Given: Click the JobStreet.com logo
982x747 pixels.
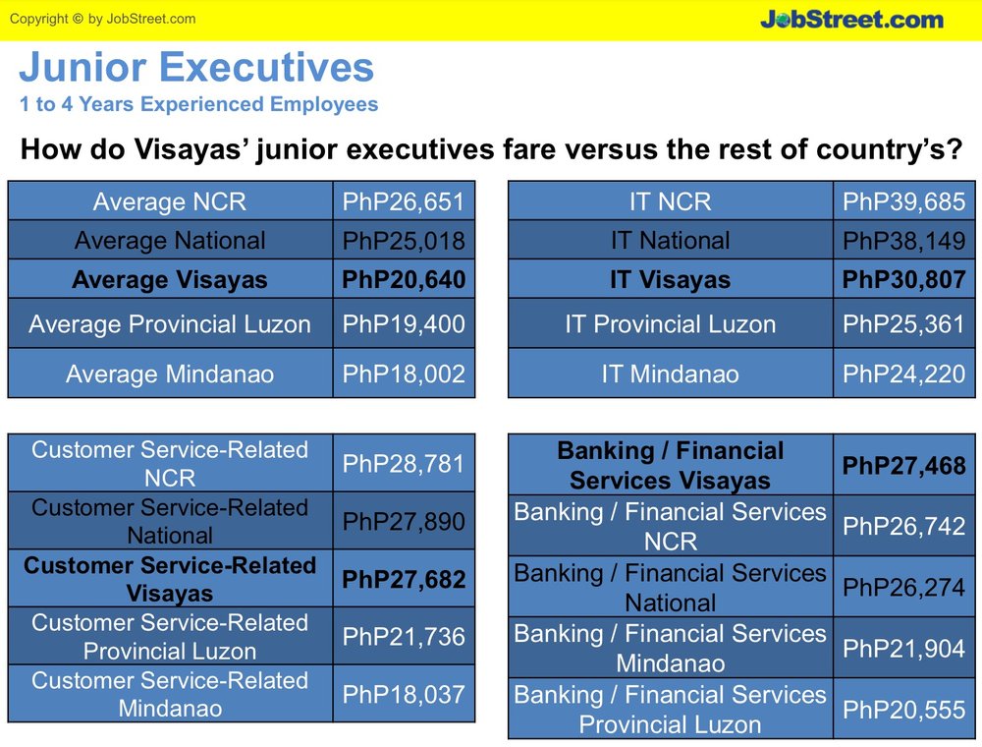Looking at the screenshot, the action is coord(851,19).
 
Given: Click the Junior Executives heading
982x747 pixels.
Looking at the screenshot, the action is coord(196,67).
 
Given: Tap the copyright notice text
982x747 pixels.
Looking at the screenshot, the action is coord(103,19).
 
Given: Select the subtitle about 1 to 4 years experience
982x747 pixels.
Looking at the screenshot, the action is coord(198,104).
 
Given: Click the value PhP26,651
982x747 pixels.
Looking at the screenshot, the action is coord(404,201).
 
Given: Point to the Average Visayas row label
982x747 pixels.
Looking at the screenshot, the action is coord(170,279).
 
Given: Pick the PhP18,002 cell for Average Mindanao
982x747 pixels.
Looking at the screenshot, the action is coord(404,374).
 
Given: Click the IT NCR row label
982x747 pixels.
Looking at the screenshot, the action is coord(670,201).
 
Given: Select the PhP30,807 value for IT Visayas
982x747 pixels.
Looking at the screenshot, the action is coord(903,279).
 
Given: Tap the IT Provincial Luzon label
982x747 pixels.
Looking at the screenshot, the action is coord(670,324).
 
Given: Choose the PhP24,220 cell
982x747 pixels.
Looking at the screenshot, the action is coord(903,374).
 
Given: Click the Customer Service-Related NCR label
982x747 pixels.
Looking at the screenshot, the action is coord(170,464).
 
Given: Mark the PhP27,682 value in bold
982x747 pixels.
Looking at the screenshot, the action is coord(404,579).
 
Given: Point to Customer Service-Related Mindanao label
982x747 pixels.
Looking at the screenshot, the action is coord(170,694).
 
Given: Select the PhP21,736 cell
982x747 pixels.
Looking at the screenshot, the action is coord(404,637).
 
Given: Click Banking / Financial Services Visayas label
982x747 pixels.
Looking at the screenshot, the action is coord(670,466).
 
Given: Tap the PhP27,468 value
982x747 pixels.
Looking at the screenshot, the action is coord(903,466).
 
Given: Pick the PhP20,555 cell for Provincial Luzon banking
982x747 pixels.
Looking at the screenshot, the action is coord(903,710).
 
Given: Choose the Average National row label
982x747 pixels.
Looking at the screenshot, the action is coord(170,241).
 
